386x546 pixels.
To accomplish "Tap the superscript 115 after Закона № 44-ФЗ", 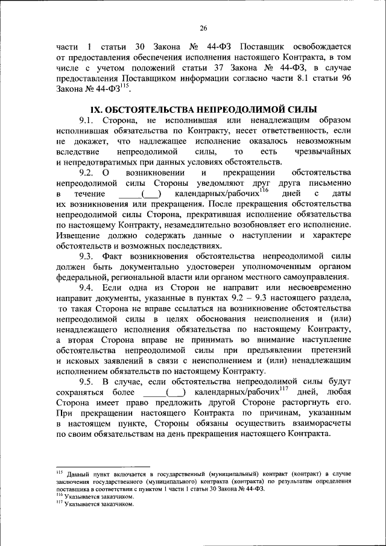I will click(x=124, y=87).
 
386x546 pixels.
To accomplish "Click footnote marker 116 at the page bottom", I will click(x=59, y=493).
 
